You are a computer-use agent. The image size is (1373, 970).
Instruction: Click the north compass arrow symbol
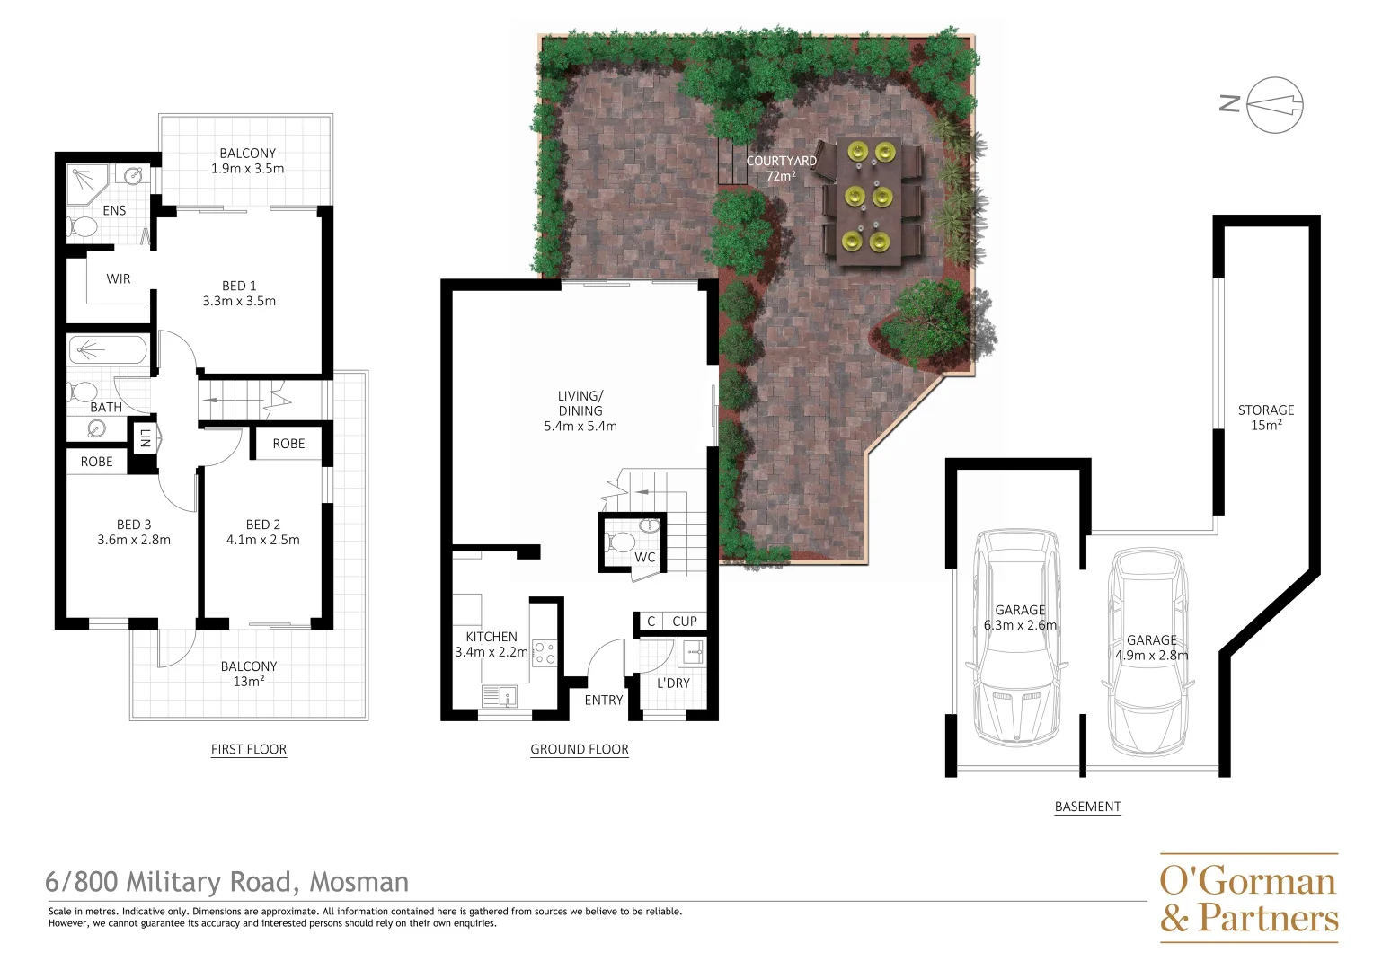[x=1274, y=105]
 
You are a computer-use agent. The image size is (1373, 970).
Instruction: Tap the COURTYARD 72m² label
[x=781, y=168]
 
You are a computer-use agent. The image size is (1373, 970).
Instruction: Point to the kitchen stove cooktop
[x=545, y=652]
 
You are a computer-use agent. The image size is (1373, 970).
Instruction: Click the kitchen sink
[x=497, y=695]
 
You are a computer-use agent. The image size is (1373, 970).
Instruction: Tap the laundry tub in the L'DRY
[x=692, y=651]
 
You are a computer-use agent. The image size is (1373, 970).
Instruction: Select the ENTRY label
[x=603, y=700]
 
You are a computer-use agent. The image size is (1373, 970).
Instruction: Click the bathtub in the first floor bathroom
[x=107, y=349]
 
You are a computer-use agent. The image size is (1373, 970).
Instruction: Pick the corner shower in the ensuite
[x=87, y=184]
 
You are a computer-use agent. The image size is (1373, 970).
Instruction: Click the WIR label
[x=119, y=278]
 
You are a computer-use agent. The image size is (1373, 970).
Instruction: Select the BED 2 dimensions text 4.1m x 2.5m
[x=262, y=540]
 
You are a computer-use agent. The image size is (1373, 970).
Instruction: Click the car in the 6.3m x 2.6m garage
[x=1017, y=638]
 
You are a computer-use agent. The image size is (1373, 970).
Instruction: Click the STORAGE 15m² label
[x=1265, y=417]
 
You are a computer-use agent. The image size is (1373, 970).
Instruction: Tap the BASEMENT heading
[x=1087, y=807]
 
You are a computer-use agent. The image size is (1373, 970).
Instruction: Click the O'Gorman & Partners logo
[x=1248, y=898]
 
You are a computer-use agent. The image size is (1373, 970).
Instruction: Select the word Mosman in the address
[x=359, y=882]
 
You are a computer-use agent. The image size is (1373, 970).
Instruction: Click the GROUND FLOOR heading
[x=579, y=749]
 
